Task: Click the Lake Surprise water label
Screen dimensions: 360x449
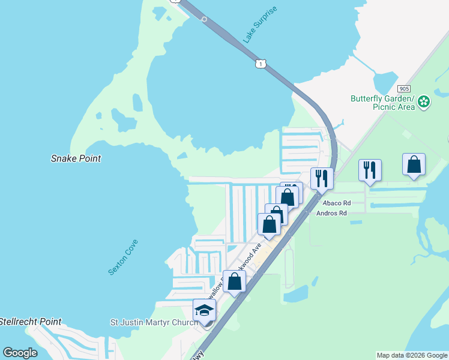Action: pyautogui.click(x=261, y=25)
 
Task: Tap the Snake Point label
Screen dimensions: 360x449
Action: pyautogui.click(x=76, y=159)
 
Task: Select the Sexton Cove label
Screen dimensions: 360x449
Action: pyautogui.click(x=124, y=257)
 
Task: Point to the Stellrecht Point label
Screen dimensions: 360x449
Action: pyautogui.click(x=30, y=322)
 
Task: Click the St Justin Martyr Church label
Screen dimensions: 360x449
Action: pyautogui.click(x=154, y=322)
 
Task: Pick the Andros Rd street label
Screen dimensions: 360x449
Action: pyautogui.click(x=331, y=213)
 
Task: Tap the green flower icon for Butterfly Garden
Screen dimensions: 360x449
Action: pyautogui.click(x=424, y=101)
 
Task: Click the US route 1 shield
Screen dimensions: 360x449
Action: pyautogui.click(x=260, y=62)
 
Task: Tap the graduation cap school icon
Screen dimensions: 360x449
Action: pyautogui.click(x=204, y=311)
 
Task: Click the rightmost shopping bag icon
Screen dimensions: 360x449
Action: pyautogui.click(x=414, y=165)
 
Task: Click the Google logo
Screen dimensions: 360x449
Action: pyautogui.click(x=20, y=353)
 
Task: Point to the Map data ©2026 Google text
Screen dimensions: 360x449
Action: pyautogui.click(x=412, y=355)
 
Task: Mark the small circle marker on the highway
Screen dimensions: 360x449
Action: pyautogui.click(x=204, y=19)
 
